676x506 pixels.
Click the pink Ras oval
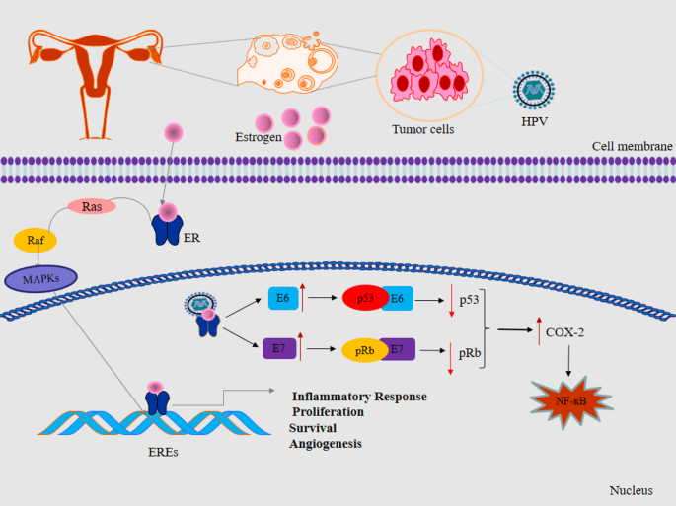click(x=92, y=206)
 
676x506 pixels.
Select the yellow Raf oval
click(x=36, y=240)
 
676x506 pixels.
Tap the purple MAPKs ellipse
click(x=41, y=279)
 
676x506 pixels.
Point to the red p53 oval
click(x=365, y=298)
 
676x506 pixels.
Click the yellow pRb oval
click(x=364, y=350)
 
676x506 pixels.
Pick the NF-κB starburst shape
click(x=571, y=401)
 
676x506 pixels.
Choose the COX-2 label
click(x=564, y=332)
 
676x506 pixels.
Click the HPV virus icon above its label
click(x=534, y=90)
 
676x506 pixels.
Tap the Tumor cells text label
click(x=423, y=129)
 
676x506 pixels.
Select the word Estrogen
click(x=259, y=137)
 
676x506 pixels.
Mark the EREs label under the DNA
click(x=163, y=452)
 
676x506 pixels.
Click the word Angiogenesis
click(x=326, y=445)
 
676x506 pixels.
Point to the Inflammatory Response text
click(x=359, y=397)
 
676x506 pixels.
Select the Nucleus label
click(x=631, y=490)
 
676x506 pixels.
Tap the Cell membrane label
click(x=632, y=147)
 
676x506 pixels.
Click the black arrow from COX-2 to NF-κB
click(x=568, y=361)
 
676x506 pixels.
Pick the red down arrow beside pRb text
click(x=451, y=359)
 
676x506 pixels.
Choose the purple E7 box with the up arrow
click(x=279, y=349)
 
